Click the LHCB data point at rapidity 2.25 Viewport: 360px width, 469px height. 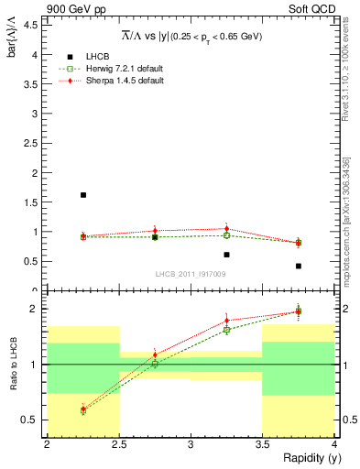pyautogui.click(x=83, y=194)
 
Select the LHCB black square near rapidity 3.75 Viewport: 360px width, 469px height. pyautogui.click(x=299, y=266)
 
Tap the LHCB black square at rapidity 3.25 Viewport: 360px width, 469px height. pyautogui.click(x=226, y=255)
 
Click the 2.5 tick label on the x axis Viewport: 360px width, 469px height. pyautogui.click(x=118, y=445)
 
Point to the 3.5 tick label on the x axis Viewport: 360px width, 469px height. pyautogui.click(x=262, y=445)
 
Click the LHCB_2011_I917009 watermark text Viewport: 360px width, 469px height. pyautogui.click(x=191, y=273)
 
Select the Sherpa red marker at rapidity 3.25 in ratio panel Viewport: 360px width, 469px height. pyautogui.click(x=226, y=321)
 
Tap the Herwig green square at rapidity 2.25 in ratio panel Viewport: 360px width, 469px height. pyautogui.click(x=83, y=411)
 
